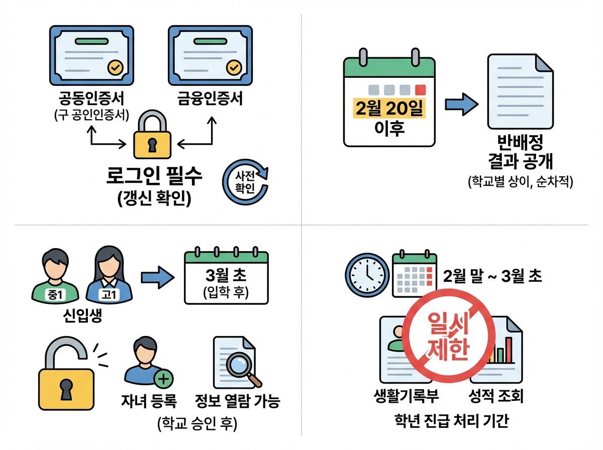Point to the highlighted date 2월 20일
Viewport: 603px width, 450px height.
coord(388,108)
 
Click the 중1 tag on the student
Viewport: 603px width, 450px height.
coord(54,295)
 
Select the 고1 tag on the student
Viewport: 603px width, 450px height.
coord(109,295)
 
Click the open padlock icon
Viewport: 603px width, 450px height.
coord(65,374)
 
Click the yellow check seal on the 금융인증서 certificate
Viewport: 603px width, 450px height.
coord(234,67)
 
